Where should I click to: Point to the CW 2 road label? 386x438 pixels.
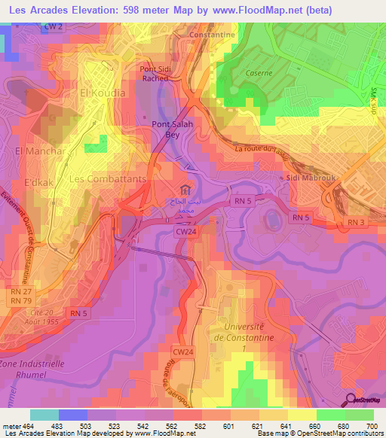[x=74, y=26]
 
